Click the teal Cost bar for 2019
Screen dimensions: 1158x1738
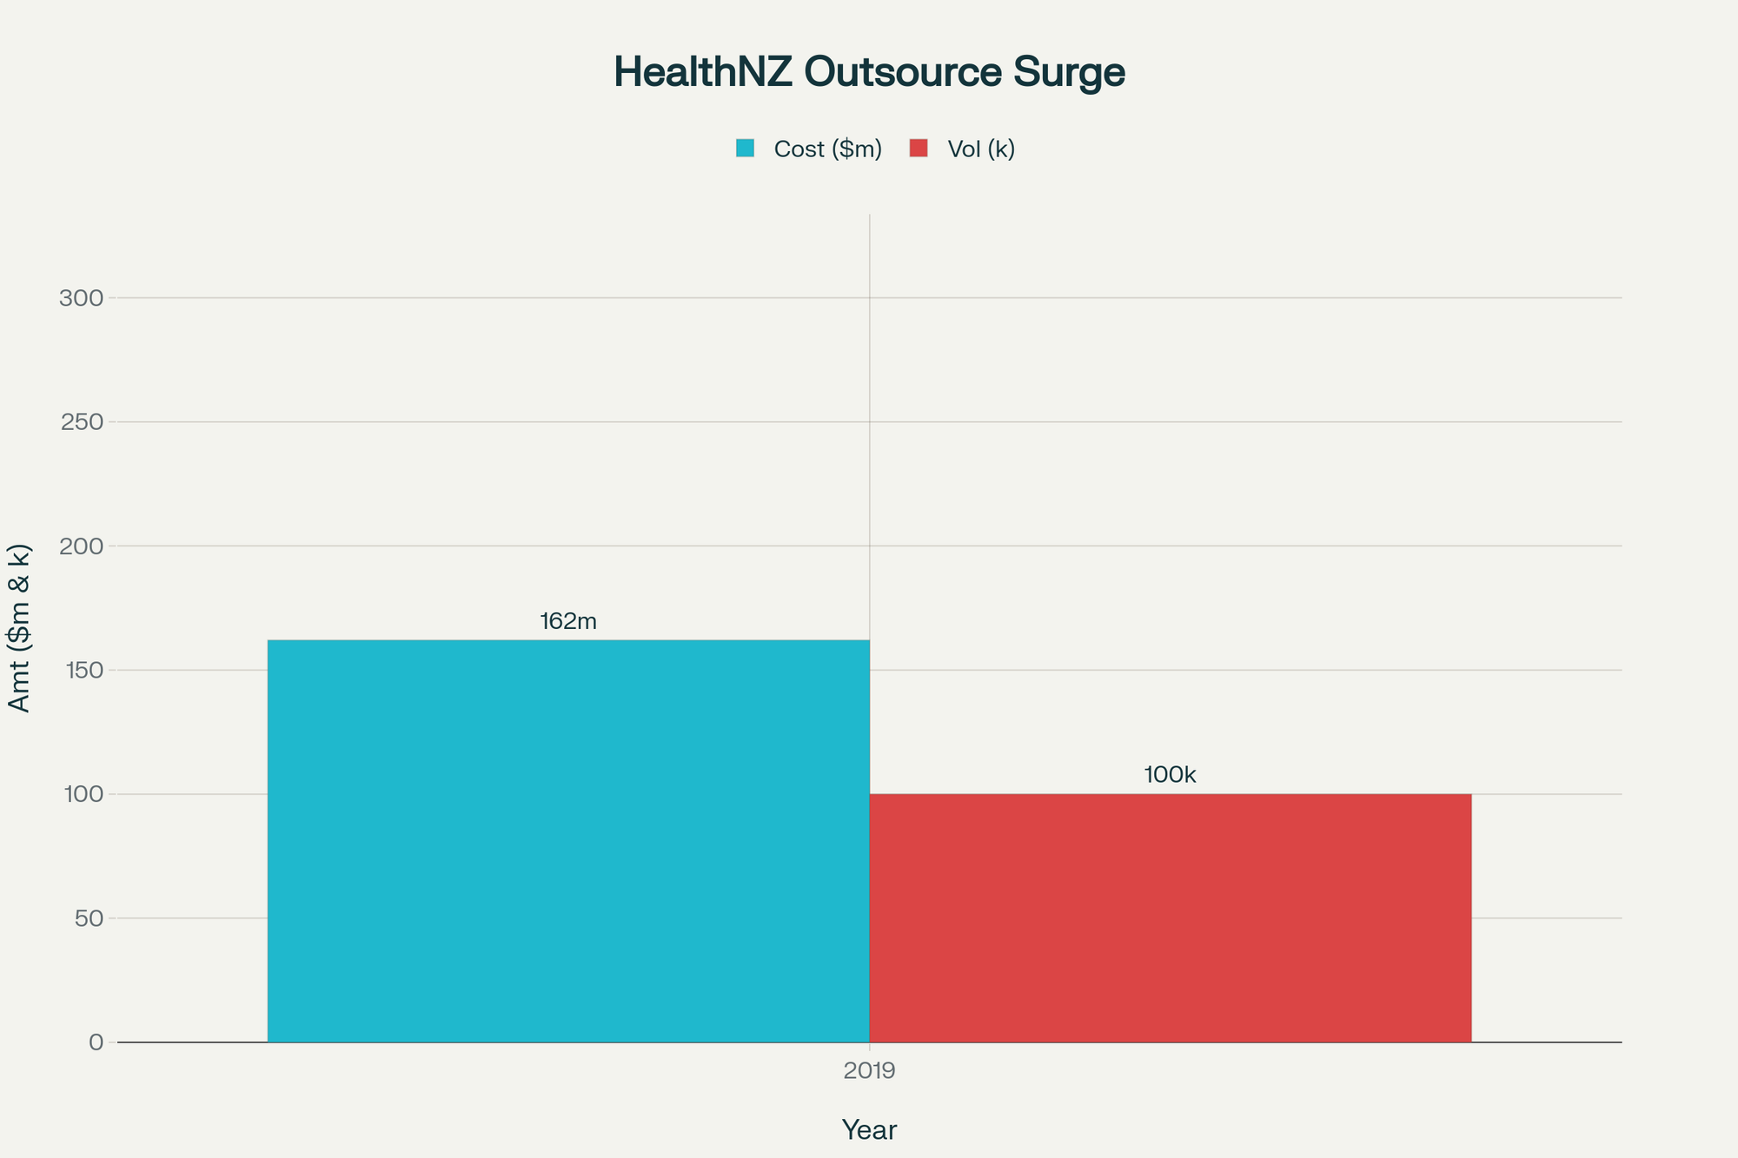point(568,841)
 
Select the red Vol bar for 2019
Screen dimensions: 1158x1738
point(1170,917)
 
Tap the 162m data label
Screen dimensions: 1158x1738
point(568,621)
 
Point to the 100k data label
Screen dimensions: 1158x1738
point(1170,775)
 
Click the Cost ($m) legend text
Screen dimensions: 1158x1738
point(827,149)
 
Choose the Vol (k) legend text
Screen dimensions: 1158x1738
point(981,149)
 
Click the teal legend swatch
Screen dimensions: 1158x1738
point(746,149)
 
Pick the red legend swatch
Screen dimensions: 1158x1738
point(919,149)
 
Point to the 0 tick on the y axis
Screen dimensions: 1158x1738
point(96,1042)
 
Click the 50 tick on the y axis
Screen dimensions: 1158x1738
point(89,918)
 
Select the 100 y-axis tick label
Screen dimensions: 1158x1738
point(82,794)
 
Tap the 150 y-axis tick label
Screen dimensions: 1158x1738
point(82,670)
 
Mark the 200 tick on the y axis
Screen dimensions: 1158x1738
point(82,546)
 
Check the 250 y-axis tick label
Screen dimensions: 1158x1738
point(82,422)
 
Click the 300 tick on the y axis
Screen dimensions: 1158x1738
point(82,298)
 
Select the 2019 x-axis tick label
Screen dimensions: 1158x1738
point(869,1071)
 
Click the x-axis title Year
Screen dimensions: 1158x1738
point(869,1130)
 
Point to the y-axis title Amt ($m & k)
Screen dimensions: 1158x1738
point(19,627)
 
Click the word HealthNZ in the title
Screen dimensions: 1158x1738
point(703,72)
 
